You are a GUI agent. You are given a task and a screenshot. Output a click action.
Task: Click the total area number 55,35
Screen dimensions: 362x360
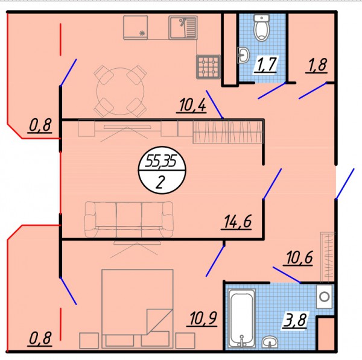click(x=161, y=162)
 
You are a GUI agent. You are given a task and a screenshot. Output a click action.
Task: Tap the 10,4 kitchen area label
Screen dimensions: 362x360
click(x=192, y=106)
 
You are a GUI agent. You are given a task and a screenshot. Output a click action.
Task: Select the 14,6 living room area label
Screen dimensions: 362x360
click(x=237, y=222)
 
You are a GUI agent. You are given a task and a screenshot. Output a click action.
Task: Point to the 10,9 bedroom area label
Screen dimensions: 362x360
click(x=203, y=318)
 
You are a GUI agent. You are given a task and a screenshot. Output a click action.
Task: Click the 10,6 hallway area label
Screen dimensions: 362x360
click(x=299, y=257)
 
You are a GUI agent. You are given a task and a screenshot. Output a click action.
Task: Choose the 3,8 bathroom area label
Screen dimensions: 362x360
click(x=295, y=320)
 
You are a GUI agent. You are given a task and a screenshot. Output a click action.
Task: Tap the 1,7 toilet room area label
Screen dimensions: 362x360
click(x=266, y=65)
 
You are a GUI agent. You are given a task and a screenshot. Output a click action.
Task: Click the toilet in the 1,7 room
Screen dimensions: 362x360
click(x=262, y=28)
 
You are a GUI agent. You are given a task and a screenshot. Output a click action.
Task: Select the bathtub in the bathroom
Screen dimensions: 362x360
click(x=242, y=318)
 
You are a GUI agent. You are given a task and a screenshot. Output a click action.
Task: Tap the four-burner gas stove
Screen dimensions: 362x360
click(x=208, y=67)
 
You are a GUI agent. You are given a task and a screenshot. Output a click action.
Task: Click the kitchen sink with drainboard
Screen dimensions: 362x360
click(x=183, y=28)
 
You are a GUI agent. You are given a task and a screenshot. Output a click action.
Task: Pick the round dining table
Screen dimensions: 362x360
click(x=120, y=91)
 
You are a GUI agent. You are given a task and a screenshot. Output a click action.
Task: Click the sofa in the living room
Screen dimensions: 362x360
click(x=129, y=219)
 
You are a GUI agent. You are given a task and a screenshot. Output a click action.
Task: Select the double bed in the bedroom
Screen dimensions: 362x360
click(x=138, y=309)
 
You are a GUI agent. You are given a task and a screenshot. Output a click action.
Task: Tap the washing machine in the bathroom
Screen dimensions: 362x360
click(x=325, y=297)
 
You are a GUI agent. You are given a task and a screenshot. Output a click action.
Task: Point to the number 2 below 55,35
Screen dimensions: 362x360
click(x=160, y=182)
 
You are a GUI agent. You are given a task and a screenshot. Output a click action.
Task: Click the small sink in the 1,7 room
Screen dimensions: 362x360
click(x=243, y=55)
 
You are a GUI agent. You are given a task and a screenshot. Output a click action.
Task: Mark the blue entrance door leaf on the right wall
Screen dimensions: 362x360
click(x=345, y=184)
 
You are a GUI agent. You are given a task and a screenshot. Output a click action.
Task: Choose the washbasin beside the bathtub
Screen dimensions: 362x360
click(x=270, y=341)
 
